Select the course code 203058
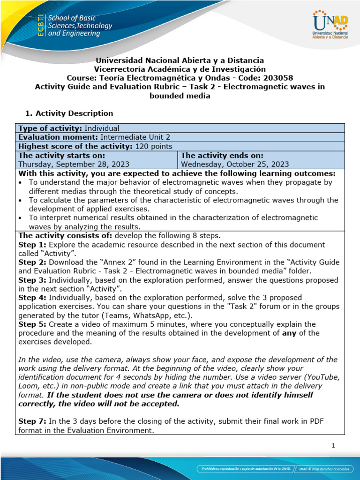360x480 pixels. pyautogui.click(x=265, y=78)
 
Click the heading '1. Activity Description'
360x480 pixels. pyautogui.click(x=68, y=113)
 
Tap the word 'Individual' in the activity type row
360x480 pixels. pyautogui.click(x=102, y=128)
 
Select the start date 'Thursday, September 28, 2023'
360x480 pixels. pyautogui.click(x=74, y=164)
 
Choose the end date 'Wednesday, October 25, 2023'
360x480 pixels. pyautogui.click(x=235, y=164)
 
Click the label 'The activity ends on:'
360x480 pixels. pyautogui.click(x=222, y=155)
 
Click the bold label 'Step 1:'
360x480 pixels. pyautogui.click(x=32, y=245)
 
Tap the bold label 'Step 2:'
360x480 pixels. pyautogui.click(x=32, y=262)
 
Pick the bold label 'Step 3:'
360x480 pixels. pyautogui.click(x=32, y=280)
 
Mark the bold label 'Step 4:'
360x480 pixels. pyautogui.click(x=32, y=298)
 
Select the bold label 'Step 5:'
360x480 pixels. pyautogui.click(x=32, y=324)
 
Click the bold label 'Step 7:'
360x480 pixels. pyautogui.click(x=32, y=421)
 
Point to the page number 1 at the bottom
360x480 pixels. pyautogui.click(x=333, y=446)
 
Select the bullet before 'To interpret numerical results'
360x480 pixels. pyautogui.click(x=21, y=217)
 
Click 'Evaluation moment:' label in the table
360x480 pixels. pyautogui.click(x=57, y=137)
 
